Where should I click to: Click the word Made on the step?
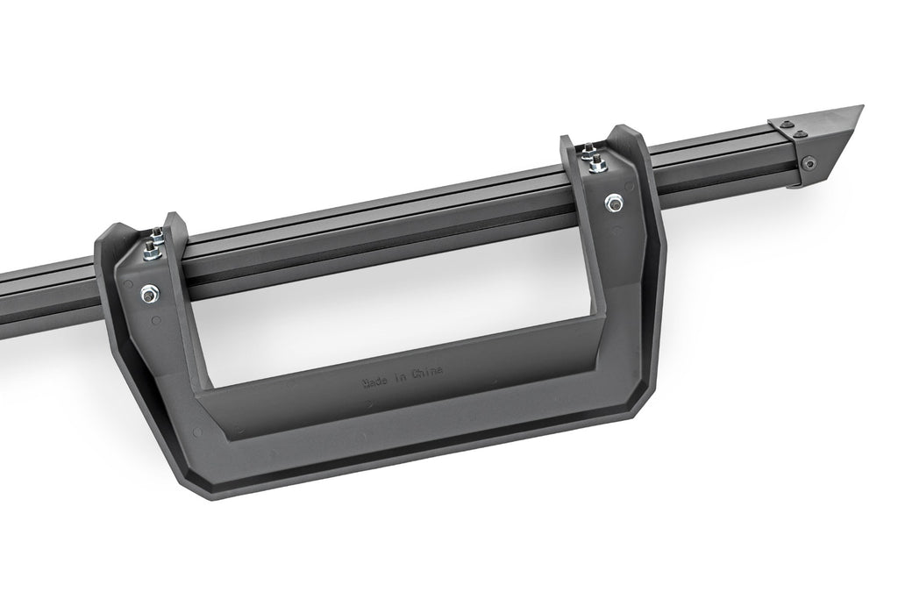pyautogui.click(x=376, y=382)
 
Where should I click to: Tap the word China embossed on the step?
pyautogui.click(x=426, y=372)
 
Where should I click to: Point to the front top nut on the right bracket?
pyautogui.click(x=598, y=165)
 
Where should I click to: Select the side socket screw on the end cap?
pyautogui.click(x=808, y=163)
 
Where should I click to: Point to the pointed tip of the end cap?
pyautogui.click(x=860, y=108)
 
